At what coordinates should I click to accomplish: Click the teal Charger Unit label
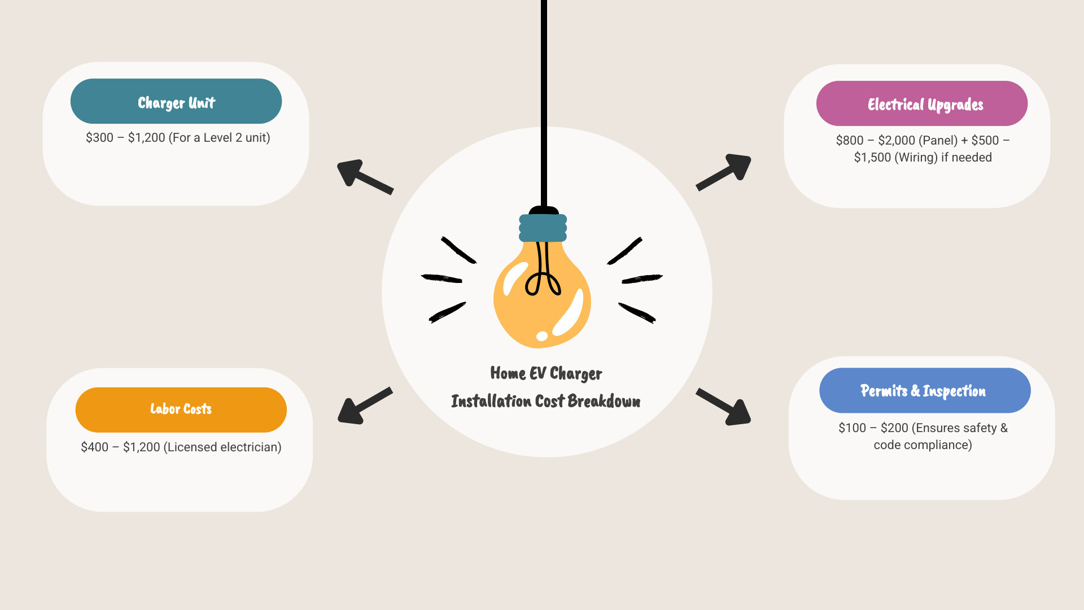[176, 101]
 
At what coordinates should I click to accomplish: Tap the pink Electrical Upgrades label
[922, 103]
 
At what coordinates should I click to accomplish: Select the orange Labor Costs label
[181, 409]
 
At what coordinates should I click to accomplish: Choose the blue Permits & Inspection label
[925, 390]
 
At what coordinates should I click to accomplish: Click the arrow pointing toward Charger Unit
[365, 176]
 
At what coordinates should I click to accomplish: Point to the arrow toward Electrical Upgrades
[724, 171]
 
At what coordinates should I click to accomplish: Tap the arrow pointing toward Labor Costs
[365, 406]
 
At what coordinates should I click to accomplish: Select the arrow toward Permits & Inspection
[724, 407]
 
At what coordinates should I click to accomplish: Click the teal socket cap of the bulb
[543, 228]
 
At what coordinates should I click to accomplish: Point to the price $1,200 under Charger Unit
[146, 138]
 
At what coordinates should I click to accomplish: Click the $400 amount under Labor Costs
[94, 447]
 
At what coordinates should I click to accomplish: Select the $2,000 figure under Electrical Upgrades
[897, 141]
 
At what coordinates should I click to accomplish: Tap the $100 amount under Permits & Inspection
[852, 428]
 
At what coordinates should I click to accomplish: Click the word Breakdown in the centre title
[604, 401]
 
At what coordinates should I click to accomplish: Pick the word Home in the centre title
[508, 373]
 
